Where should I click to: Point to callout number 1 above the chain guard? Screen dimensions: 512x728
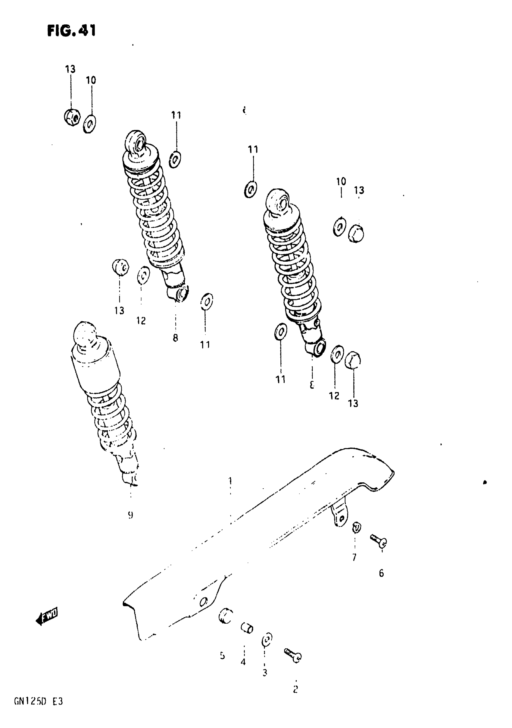tap(230, 481)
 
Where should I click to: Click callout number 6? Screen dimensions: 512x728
tap(382, 573)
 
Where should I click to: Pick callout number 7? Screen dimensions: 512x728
tap(354, 557)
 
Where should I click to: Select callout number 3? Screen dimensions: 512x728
tap(265, 672)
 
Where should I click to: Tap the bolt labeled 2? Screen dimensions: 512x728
tap(293, 655)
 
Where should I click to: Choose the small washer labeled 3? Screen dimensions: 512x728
tap(267, 640)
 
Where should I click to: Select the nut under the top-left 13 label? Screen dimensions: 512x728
tap(72, 117)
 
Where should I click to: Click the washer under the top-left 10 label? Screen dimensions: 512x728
tap(90, 124)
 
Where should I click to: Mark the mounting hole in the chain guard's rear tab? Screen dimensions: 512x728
tap(341, 518)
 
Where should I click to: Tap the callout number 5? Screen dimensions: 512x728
tap(222, 655)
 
